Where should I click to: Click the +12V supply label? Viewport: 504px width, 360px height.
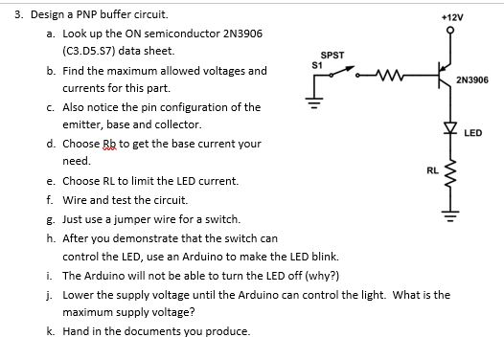pyautogui.click(x=451, y=18)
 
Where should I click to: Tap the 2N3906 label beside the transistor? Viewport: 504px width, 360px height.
pyautogui.click(x=473, y=80)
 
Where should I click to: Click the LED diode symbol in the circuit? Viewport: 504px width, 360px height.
pyautogui.click(x=445, y=128)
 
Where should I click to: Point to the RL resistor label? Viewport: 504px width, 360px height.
pyautogui.click(x=431, y=169)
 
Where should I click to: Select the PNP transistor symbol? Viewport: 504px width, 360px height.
pyautogui.click(x=439, y=74)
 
